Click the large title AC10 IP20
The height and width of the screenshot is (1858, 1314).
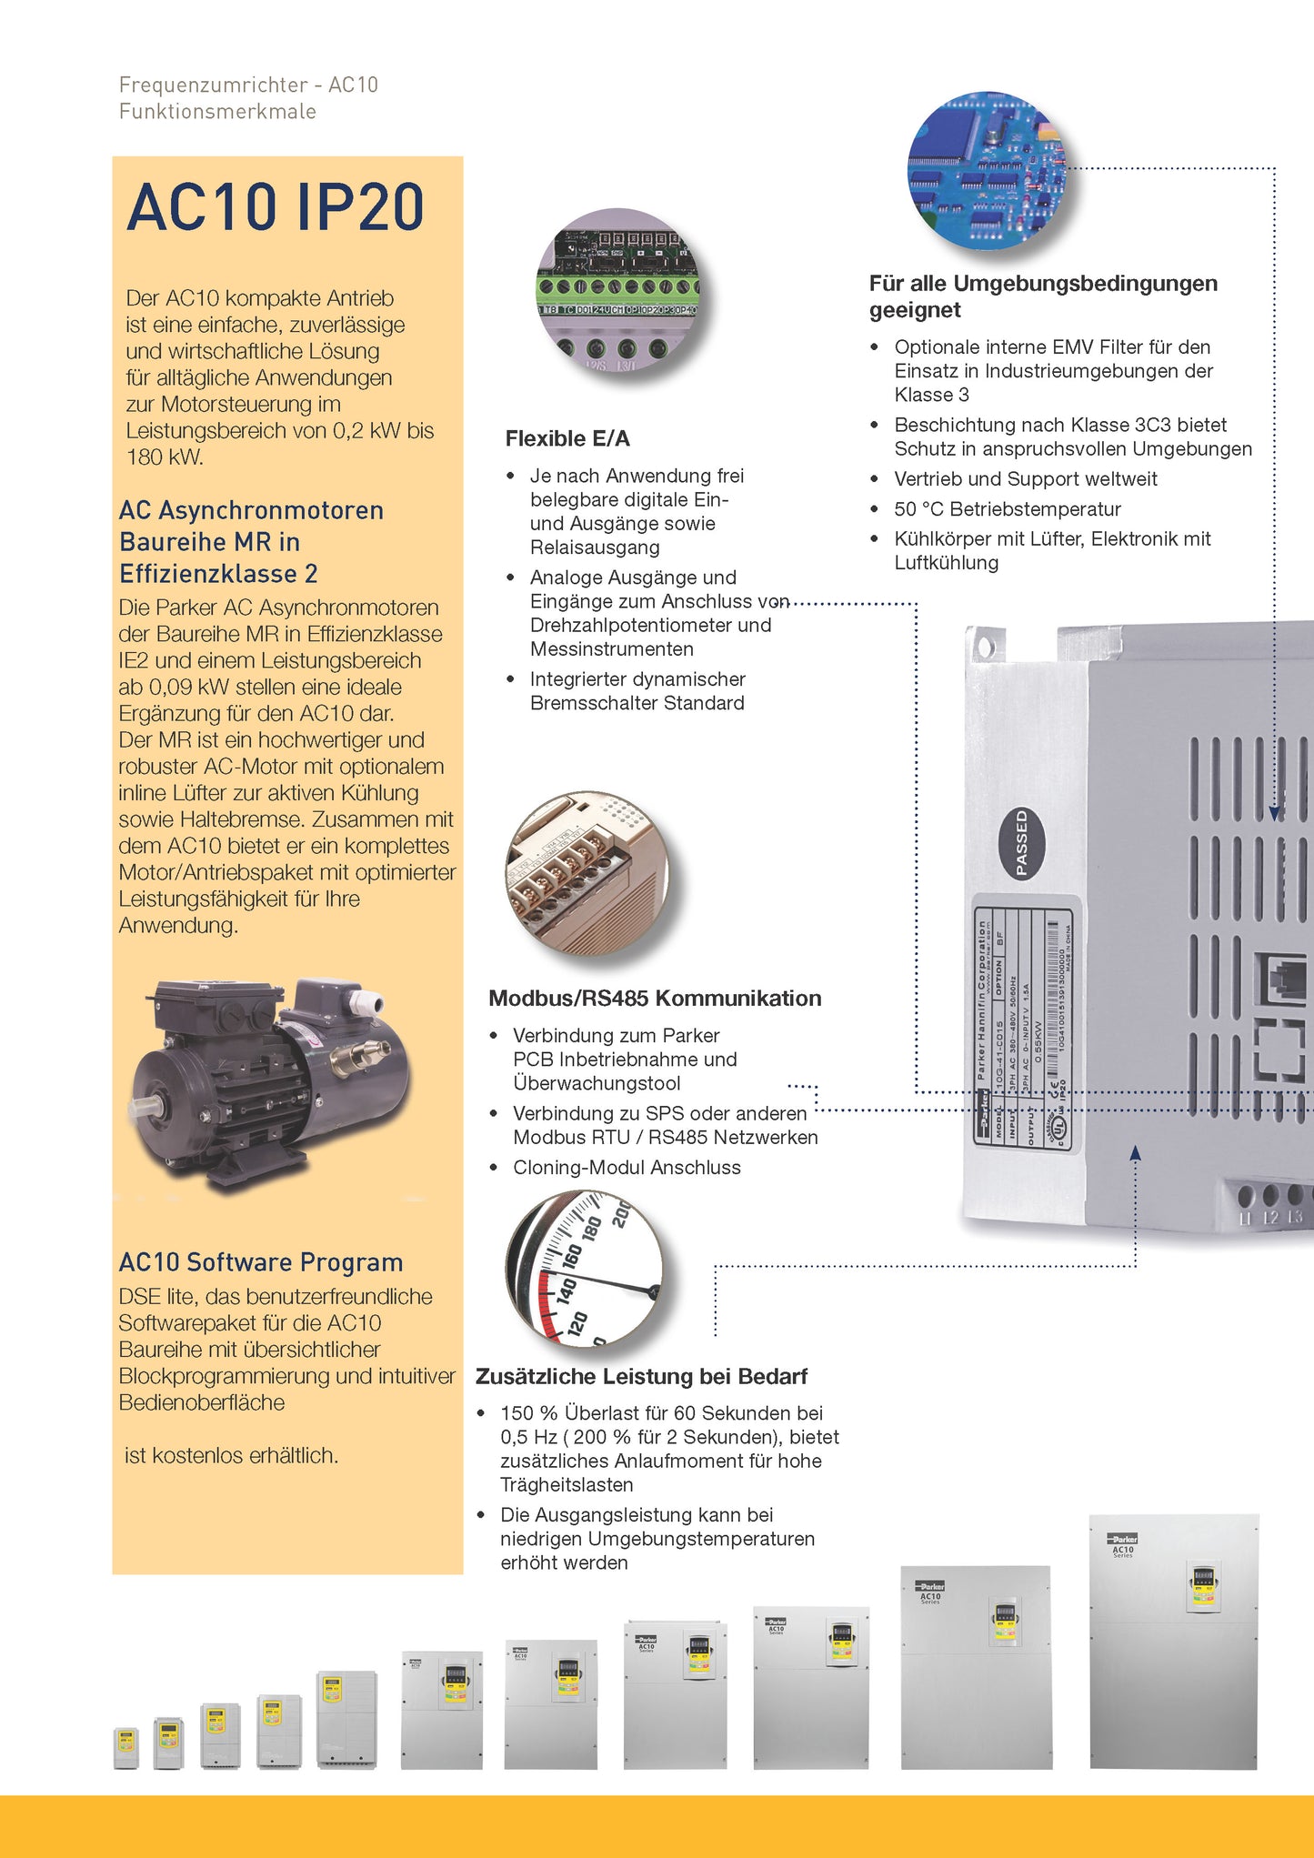click(x=275, y=207)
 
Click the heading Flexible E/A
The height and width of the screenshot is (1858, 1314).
click(x=567, y=439)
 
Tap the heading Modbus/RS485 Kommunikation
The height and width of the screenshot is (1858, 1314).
click(x=655, y=999)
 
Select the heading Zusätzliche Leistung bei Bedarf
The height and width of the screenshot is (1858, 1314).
click(x=641, y=1377)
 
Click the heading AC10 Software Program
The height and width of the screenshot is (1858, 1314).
click(x=261, y=1262)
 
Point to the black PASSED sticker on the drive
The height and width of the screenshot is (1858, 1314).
click(x=1021, y=843)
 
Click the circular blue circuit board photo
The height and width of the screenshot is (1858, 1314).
click(x=987, y=171)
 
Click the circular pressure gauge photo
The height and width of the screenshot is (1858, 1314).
click(x=586, y=1268)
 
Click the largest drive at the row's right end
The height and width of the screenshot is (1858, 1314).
click(x=1173, y=1642)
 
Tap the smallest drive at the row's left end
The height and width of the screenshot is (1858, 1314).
click(x=125, y=1747)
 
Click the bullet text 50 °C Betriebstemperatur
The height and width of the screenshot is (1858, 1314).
click(x=1008, y=509)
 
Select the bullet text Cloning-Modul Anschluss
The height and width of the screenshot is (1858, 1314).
click(x=627, y=1168)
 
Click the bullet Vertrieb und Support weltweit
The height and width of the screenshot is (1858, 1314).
click(x=1026, y=479)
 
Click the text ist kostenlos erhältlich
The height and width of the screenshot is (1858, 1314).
click(x=231, y=1456)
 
